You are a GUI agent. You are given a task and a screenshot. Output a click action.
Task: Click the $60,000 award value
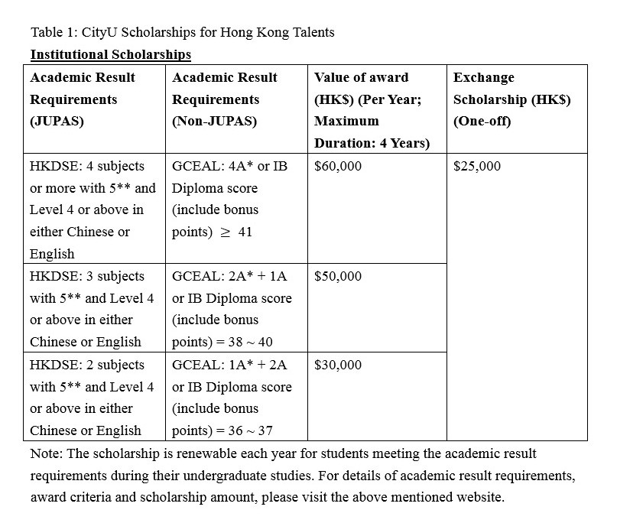(x=338, y=166)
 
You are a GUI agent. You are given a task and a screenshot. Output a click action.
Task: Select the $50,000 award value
(x=338, y=276)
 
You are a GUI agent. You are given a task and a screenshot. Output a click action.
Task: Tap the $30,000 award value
(x=338, y=365)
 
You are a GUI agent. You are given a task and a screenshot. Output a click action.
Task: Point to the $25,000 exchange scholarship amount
(x=477, y=166)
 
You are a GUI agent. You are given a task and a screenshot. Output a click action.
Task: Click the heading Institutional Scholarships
(x=111, y=54)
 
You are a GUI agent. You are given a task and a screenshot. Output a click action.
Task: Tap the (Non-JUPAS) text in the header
(x=215, y=121)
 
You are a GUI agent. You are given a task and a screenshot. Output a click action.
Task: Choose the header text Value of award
(x=362, y=77)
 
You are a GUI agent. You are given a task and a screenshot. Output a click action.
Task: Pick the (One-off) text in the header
(x=482, y=121)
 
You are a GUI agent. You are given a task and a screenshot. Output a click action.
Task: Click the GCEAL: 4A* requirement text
(x=213, y=166)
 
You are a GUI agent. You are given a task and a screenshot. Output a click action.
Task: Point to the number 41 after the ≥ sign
(x=245, y=232)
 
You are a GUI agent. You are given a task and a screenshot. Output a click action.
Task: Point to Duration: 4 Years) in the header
(x=372, y=143)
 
